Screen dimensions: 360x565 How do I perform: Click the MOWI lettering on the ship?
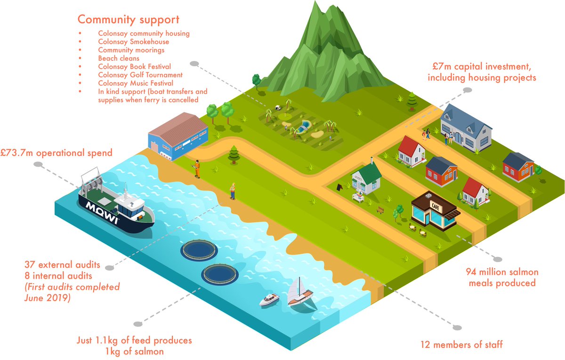[x=102, y=211]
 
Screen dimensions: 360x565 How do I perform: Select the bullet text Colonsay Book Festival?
[x=134, y=67]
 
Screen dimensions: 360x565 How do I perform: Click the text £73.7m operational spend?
[x=56, y=152]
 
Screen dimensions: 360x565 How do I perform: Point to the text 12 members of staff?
[x=461, y=344]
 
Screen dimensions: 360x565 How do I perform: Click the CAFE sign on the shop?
[x=434, y=205]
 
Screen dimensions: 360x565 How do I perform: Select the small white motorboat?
[x=270, y=299]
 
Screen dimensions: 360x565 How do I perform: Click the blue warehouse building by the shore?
[x=178, y=136]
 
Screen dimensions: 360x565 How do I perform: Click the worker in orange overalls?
[x=198, y=168]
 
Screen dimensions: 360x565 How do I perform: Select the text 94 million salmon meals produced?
[x=501, y=278]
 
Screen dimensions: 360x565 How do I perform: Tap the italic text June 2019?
[x=47, y=298]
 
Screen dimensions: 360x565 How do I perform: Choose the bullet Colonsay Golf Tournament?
[x=140, y=75]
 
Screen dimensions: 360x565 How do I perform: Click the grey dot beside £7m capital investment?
[x=467, y=90]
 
